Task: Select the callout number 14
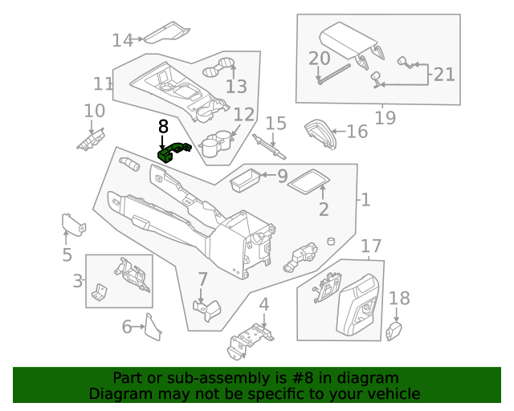[x=122, y=40]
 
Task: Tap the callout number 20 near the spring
[x=319, y=59]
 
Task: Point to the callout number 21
[x=444, y=75]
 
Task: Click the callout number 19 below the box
[x=385, y=118]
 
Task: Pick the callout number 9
[x=282, y=176]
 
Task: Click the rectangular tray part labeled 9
[x=247, y=181]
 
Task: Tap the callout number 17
[x=370, y=246]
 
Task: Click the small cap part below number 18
[x=394, y=330]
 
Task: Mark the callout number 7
[x=202, y=280]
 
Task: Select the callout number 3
[x=78, y=281]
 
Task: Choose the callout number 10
[x=94, y=112]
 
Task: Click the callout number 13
[x=236, y=87]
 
